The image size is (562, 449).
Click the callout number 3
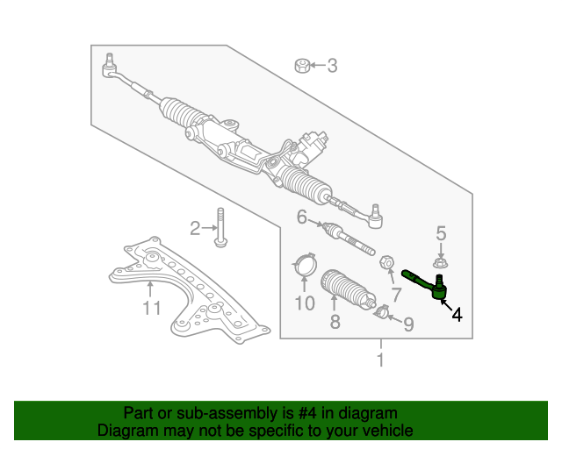[x=332, y=65]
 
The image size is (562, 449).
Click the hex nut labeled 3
[x=301, y=65]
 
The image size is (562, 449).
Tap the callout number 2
[x=195, y=229]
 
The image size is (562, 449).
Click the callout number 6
[x=302, y=217]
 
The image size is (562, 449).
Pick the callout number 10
[x=304, y=303]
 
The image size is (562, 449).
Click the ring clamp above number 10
[x=303, y=264]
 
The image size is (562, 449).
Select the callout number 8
[x=335, y=322]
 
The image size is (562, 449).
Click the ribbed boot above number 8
[x=340, y=287]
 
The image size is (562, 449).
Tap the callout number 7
[x=395, y=295]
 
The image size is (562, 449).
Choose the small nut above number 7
[x=385, y=263]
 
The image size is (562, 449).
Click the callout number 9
[x=407, y=324]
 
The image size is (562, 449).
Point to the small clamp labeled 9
[x=382, y=311]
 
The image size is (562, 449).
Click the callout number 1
[x=380, y=360]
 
